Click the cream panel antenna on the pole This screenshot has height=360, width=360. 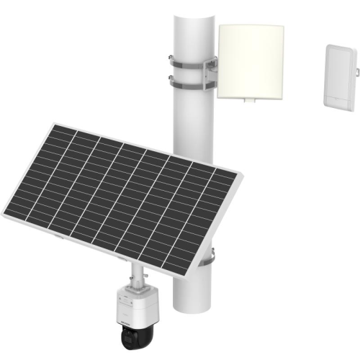tap(250, 61)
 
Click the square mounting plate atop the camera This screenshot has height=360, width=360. tap(135, 288)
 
